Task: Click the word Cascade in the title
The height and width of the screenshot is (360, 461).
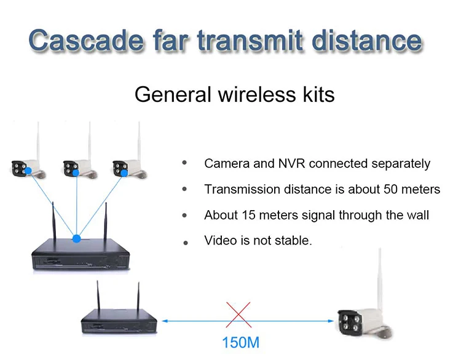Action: [86, 41]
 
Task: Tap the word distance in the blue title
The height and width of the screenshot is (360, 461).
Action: [366, 41]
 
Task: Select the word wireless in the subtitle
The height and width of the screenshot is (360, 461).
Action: [257, 95]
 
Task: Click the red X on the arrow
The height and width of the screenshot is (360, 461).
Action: [238, 315]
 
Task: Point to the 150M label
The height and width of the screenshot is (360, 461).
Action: [241, 343]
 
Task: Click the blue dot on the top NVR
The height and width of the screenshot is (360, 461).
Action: [76, 238]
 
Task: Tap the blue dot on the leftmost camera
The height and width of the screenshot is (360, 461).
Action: [28, 171]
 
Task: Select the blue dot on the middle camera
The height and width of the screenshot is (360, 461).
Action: [76, 173]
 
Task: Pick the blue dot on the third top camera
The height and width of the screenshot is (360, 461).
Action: [124, 173]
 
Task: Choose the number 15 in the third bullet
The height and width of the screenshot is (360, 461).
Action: [249, 215]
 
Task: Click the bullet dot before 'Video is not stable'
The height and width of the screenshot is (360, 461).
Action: [186, 243]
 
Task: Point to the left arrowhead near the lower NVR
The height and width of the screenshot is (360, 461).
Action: [165, 321]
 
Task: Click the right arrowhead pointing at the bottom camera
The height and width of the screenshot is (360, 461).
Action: [331, 321]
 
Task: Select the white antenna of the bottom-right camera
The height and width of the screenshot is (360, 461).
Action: [380, 279]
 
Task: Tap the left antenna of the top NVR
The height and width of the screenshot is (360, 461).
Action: [54, 221]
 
